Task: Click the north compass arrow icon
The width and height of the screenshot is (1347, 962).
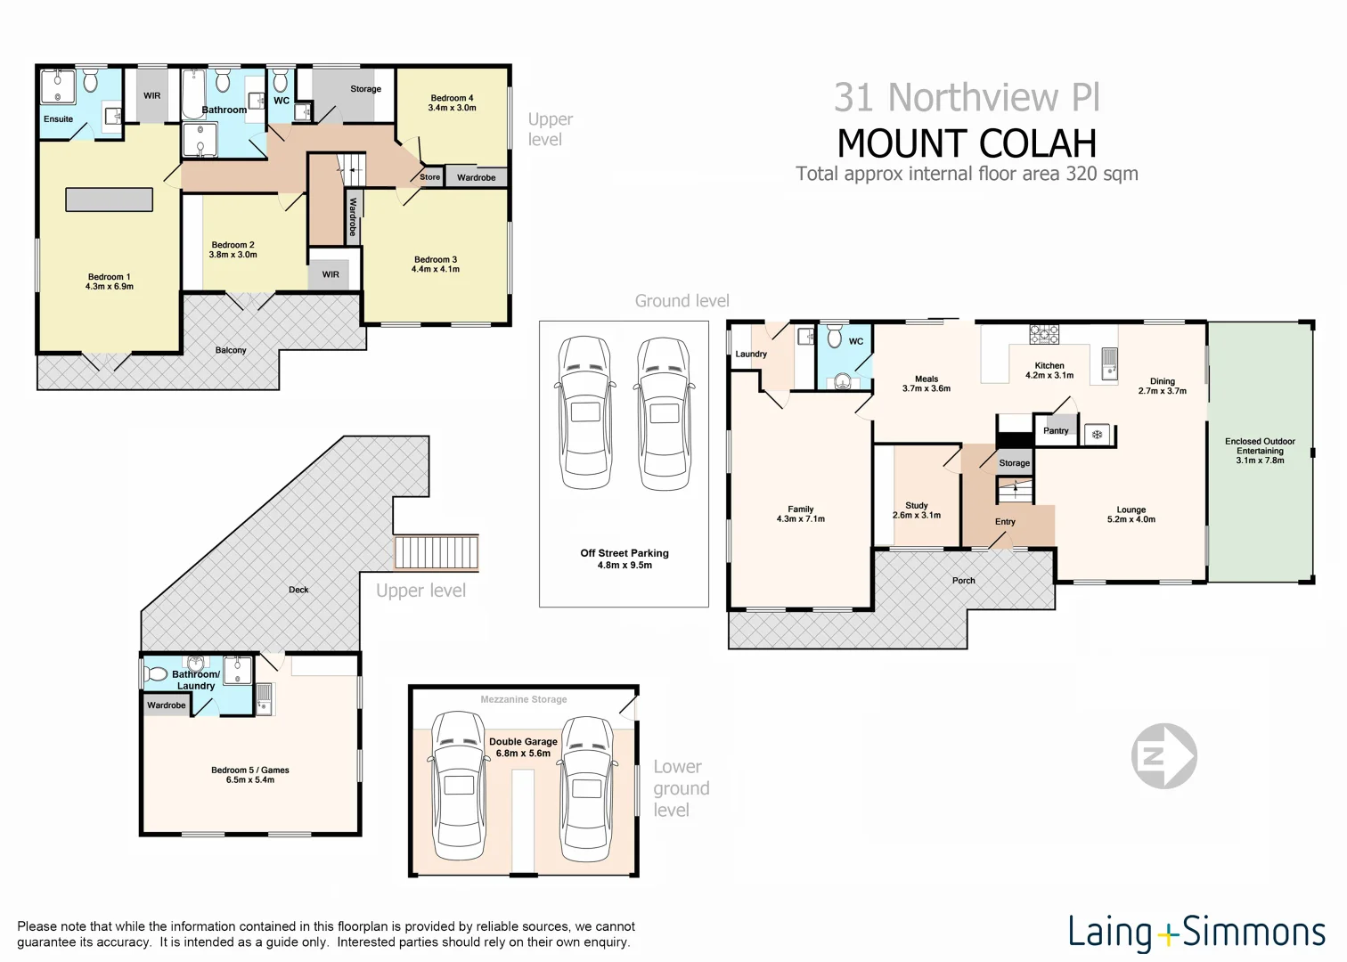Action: click(x=1163, y=756)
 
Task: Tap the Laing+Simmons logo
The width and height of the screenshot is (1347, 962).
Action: click(x=1196, y=932)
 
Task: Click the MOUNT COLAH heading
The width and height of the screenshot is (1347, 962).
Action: click(x=967, y=143)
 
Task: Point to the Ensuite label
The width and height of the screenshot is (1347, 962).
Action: click(x=59, y=119)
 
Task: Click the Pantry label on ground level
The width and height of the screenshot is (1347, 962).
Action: click(x=1056, y=431)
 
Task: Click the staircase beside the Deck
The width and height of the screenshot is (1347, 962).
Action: click(x=437, y=552)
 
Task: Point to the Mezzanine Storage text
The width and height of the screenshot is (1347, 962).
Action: click(x=524, y=699)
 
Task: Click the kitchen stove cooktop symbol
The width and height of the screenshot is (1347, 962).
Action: click(x=1044, y=335)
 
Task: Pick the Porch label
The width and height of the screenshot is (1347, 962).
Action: click(x=963, y=581)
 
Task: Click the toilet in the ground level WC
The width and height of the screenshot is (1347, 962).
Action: click(x=835, y=337)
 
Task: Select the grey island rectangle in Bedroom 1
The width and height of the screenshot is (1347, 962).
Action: click(x=109, y=199)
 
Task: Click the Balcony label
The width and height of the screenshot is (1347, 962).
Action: click(x=231, y=350)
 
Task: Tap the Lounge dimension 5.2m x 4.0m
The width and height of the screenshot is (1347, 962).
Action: click(x=1131, y=519)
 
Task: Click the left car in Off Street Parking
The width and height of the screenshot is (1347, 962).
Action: click(x=584, y=412)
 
